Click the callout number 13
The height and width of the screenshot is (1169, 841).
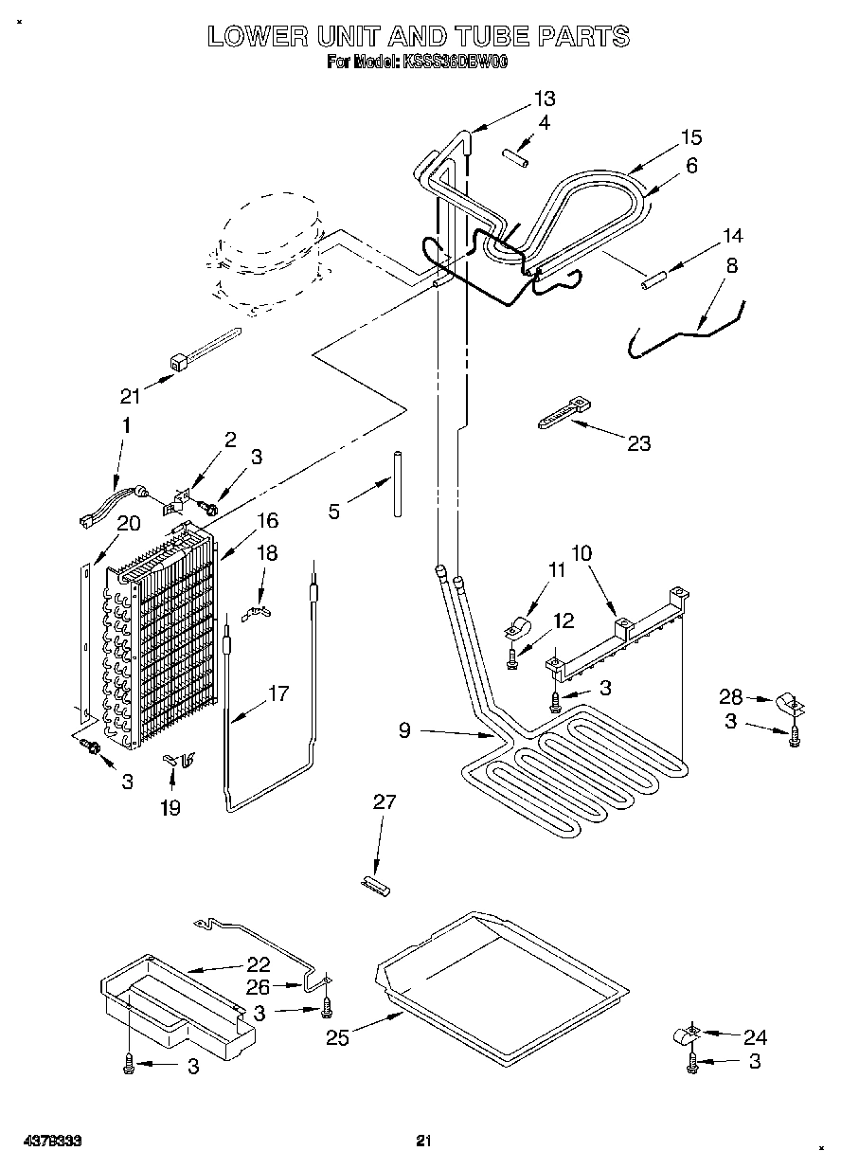544,99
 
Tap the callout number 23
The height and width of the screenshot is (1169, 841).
639,443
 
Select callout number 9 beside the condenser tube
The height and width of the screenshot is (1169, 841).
404,730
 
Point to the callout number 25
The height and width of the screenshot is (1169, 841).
337,1038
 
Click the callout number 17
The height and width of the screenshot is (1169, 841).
277,693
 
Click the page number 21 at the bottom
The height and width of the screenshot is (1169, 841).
423,1142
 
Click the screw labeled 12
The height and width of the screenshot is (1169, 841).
511,657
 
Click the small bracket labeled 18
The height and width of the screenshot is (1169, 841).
257,613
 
